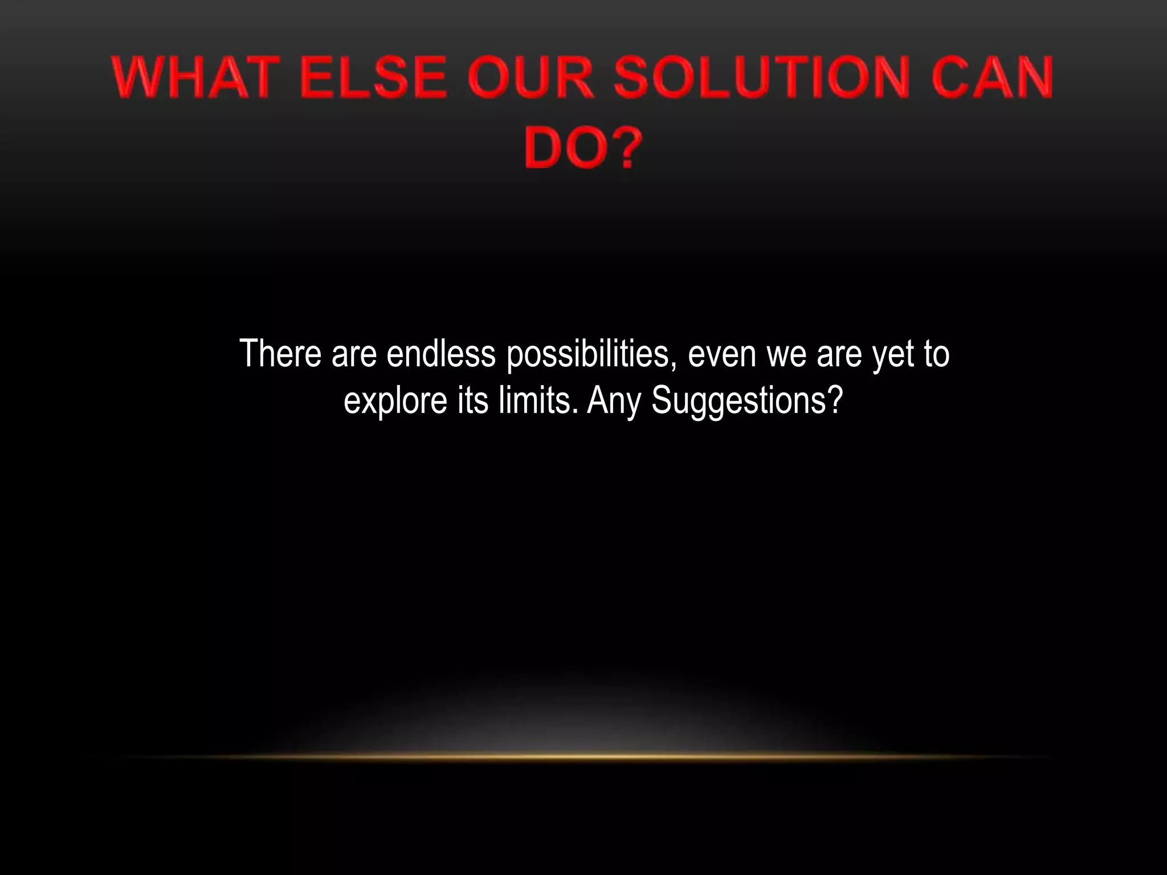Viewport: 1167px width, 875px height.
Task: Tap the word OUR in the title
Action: point(531,77)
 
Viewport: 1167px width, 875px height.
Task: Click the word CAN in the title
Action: point(993,77)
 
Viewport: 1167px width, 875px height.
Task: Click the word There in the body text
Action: point(281,354)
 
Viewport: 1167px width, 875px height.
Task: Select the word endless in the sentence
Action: point(441,354)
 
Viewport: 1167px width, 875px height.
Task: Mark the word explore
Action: point(395,401)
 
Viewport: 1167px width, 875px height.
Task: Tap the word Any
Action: point(615,401)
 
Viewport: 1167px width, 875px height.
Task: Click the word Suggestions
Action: point(746,401)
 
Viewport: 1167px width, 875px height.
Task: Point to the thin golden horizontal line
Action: point(583,757)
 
